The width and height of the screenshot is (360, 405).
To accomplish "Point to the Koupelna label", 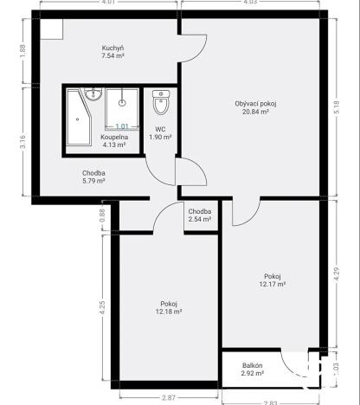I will [113, 137].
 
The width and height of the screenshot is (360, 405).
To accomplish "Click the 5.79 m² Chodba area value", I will [93, 181].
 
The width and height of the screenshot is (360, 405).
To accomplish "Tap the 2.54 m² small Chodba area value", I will [200, 220].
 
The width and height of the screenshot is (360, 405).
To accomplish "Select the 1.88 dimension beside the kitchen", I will [23, 50].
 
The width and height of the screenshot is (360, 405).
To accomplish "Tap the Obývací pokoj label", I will [256, 103].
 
